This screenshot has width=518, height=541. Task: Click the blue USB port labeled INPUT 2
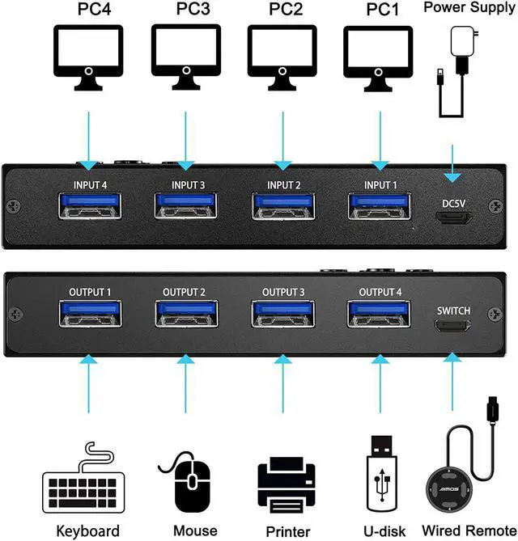[281, 205]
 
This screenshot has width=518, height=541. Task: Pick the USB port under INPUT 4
[89, 205]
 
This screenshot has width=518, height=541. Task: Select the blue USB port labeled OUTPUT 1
[89, 316]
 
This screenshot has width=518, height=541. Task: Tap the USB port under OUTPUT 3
[281, 316]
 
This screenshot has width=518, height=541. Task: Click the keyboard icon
[87, 485]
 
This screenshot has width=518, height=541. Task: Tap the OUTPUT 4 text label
[380, 292]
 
